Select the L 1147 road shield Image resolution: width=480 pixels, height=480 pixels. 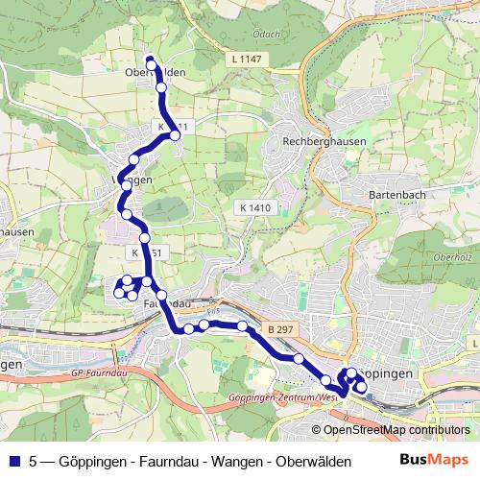tap(247, 60)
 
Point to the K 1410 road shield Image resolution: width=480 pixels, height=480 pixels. tap(256, 206)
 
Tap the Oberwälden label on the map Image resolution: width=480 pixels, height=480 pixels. tap(155, 72)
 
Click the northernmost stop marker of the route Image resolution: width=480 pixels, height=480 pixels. tap(151, 62)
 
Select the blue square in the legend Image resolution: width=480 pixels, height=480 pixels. tap(13, 461)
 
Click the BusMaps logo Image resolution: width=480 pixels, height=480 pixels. tap(436, 461)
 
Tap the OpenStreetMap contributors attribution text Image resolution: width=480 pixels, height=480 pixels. tap(396, 430)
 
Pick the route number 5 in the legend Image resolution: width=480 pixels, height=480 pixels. tap(34, 461)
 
